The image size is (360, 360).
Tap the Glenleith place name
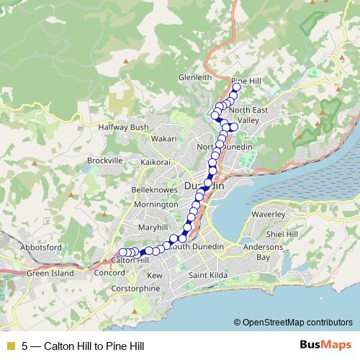tap(195, 77)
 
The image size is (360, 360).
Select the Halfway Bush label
tap(123, 127)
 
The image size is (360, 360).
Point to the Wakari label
tap(163, 138)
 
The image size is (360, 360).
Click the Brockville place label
tap(104, 160)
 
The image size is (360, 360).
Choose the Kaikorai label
tap(156, 162)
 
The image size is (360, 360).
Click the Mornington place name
tap(156, 204)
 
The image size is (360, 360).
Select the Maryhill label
tap(153, 227)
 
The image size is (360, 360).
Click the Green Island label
tap(50, 274)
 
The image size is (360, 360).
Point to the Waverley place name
tap(269, 214)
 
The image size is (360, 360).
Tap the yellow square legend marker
tap(10, 346)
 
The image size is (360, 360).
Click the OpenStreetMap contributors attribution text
tap(297, 322)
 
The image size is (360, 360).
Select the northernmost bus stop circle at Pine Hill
tap(236, 88)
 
